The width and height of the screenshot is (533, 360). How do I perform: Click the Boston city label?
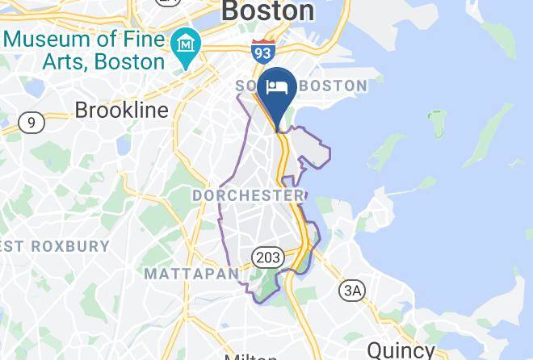tap(267, 10)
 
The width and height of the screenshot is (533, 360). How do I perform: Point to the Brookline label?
tap(122, 110)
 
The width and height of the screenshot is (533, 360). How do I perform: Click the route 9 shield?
tap(31, 123)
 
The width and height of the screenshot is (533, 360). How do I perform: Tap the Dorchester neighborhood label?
tap(248, 195)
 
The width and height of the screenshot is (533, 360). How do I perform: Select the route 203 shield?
tap(267, 257)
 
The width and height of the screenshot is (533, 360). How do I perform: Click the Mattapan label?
tap(191, 274)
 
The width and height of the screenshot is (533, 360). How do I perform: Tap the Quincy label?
tap(401, 350)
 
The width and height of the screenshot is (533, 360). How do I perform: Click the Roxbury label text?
tap(61, 246)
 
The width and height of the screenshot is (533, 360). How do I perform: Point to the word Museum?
tap(49, 38)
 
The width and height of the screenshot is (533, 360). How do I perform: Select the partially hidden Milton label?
tap(251, 356)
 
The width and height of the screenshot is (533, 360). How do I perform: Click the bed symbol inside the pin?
tap(278, 86)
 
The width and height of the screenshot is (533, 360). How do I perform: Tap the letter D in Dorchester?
tap(198, 195)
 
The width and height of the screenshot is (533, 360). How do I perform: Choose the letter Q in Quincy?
tap(376, 350)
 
